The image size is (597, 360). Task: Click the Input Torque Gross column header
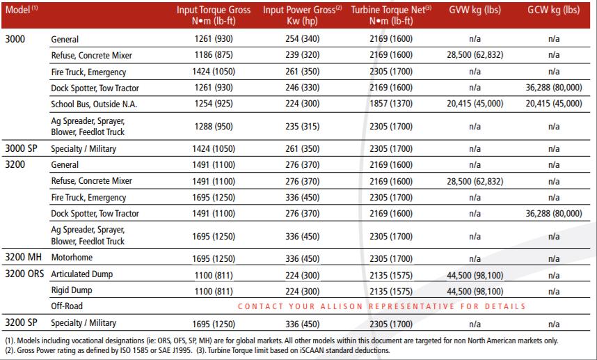point(214,15)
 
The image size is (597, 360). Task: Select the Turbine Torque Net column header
point(391,15)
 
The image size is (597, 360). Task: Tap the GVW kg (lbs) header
point(475,10)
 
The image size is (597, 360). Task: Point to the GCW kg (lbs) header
point(554,10)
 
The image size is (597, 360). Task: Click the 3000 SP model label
point(22,148)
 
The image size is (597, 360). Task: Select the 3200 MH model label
point(23,257)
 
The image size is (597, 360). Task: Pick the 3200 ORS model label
point(24,274)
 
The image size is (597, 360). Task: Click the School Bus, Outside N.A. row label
point(94,104)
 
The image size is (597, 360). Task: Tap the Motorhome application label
point(72,258)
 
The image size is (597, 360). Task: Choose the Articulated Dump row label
point(82,274)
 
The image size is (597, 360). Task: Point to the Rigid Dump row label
point(72,290)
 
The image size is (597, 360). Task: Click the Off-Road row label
point(67,306)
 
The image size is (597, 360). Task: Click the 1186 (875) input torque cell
point(214,55)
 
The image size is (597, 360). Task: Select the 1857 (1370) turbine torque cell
point(391,104)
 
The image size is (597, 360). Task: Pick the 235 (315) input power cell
point(302,127)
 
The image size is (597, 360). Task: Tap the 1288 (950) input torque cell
point(214,127)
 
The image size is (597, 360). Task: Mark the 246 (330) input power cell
point(302,88)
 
